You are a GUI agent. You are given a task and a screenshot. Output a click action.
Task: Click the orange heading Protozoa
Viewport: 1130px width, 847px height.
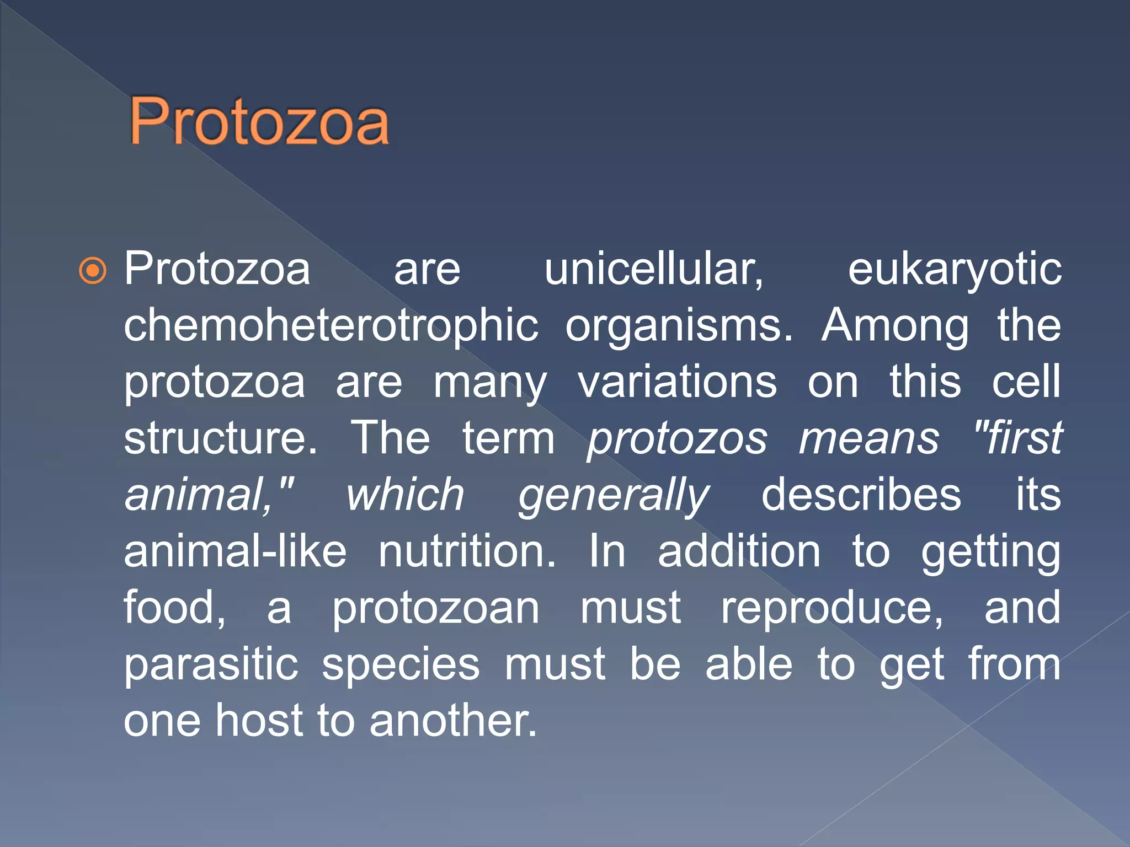tap(259, 122)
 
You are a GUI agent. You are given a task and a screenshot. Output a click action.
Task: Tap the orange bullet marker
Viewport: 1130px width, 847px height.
tap(92, 271)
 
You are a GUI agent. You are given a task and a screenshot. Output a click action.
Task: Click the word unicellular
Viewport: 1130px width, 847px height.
tap(654, 270)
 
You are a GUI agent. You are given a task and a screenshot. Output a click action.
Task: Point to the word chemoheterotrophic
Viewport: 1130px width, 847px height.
tap(331, 326)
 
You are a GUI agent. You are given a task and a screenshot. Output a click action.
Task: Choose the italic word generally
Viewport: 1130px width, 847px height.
tap(614, 497)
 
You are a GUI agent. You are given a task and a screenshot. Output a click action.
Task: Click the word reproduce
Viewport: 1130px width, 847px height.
tap(832, 609)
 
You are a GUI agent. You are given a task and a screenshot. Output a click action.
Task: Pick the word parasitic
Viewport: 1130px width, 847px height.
tap(211, 666)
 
